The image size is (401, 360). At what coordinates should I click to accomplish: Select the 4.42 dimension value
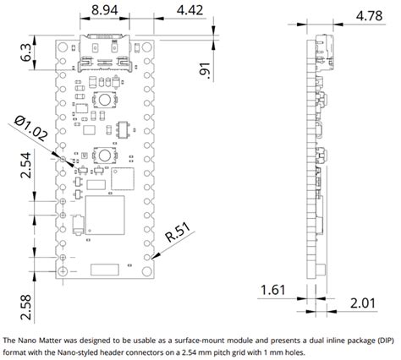190,10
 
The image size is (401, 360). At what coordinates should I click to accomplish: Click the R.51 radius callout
179,232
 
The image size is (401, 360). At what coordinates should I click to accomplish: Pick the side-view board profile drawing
316,156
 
